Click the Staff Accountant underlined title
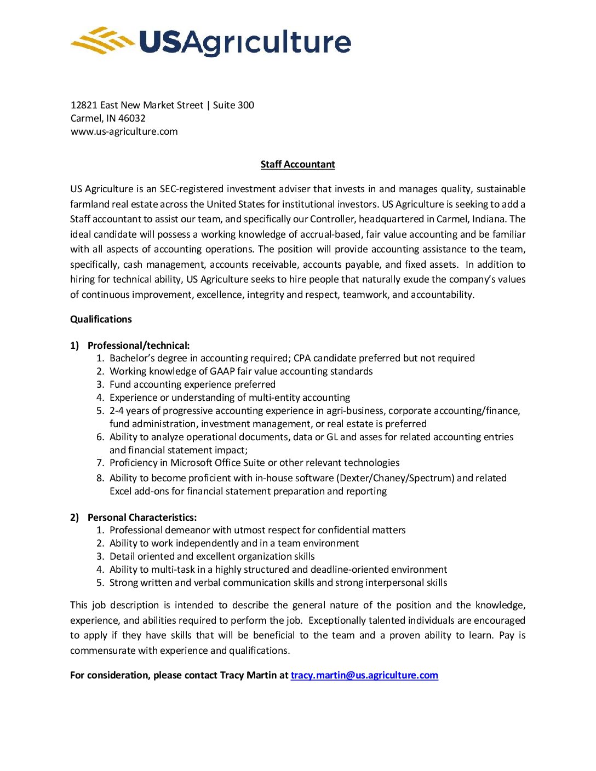297,164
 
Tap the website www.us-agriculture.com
124,131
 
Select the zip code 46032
132,118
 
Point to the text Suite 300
233,105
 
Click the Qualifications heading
101,319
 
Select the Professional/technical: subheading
139,346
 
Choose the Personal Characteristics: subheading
142,517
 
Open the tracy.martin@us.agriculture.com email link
364,675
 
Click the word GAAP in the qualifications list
222,371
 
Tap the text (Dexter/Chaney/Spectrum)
396,478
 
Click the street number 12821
84,105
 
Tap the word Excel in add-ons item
121,491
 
